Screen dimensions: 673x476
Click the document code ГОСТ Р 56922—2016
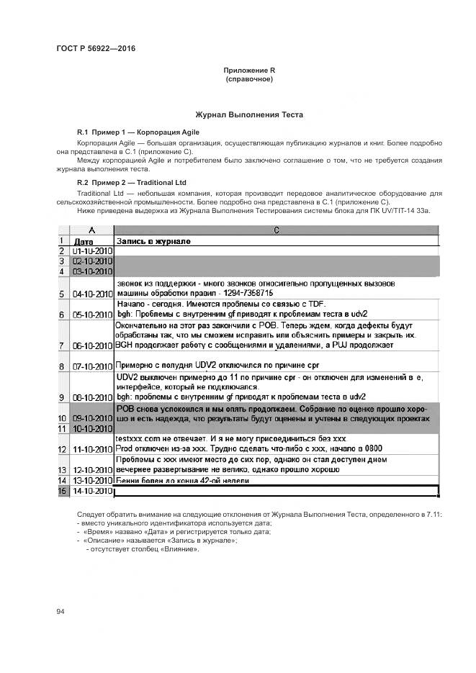95,49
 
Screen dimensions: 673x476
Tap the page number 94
60,612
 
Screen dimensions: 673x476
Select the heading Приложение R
249,70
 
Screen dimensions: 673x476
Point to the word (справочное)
249,78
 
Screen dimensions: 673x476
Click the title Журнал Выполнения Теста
249,114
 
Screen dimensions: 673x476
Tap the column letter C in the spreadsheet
276,230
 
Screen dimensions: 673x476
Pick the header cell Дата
84,241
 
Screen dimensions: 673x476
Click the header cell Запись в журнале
153,241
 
